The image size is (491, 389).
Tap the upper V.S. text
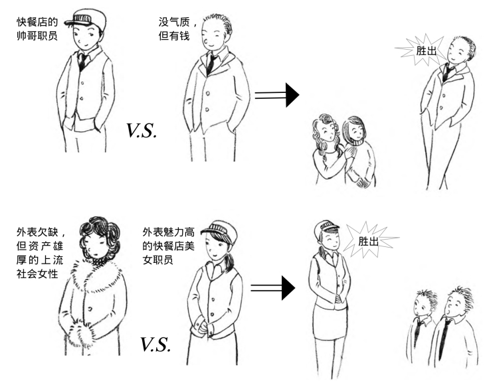point(141,130)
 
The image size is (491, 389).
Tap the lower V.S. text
point(154,344)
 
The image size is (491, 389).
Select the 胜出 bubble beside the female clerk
point(369,241)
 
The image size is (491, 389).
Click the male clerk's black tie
point(82,61)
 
